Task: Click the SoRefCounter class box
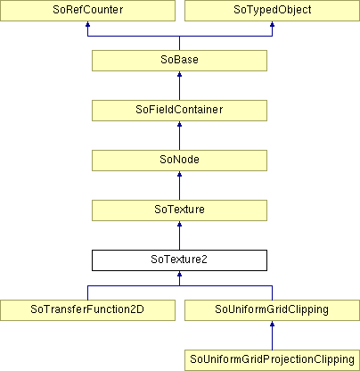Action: click(x=87, y=11)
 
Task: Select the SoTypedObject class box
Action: click(x=272, y=11)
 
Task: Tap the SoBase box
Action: click(x=179, y=61)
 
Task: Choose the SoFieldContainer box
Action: click(x=179, y=111)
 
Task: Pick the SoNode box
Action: click(x=179, y=161)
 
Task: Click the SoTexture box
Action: click(x=179, y=210)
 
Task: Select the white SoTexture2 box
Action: click(x=179, y=260)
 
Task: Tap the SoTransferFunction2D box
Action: click(x=87, y=310)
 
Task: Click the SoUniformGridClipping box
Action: click(x=272, y=310)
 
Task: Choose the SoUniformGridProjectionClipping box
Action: click(x=272, y=360)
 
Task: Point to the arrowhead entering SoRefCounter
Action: click(x=87, y=24)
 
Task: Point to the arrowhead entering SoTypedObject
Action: click(x=272, y=24)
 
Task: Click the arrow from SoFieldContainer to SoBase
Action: click(x=179, y=86)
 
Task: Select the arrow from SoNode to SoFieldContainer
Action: click(x=179, y=136)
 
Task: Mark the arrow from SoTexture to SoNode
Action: click(x=179, y=185)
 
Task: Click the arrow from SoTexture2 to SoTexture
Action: click(x=179, y=235)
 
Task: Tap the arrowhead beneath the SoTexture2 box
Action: click(x=179, y=274)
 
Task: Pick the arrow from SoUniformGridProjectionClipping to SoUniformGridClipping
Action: click(x=272, y=335)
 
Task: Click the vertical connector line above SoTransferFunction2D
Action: click(x=87, y=293)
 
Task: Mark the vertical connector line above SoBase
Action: click(x=179, y=43)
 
